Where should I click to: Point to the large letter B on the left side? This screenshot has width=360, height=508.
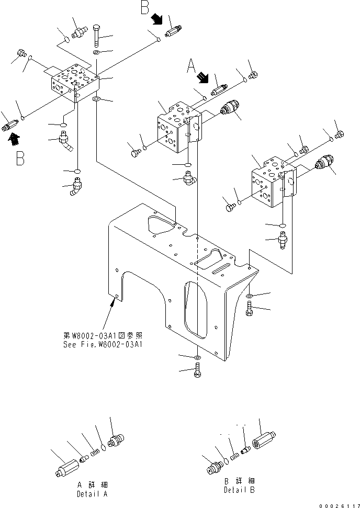[x=20, y=158]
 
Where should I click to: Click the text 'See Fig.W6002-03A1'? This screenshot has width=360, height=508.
[x=103, y=344]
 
